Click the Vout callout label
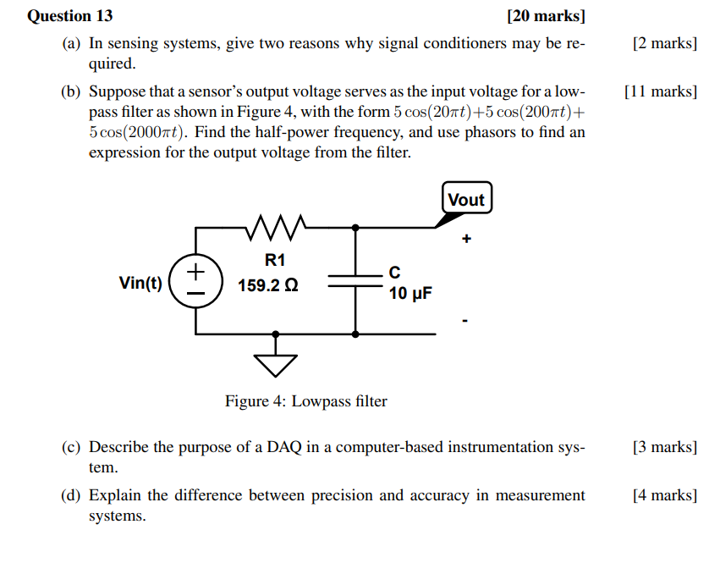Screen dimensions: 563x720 click(466, 200)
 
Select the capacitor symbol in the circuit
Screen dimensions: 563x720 click(355, 280)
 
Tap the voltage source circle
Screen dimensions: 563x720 click(196, 280)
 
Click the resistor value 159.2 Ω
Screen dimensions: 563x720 click(267, 286)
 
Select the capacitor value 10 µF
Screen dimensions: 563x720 click(410, 294)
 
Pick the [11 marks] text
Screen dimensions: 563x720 click(659, 91)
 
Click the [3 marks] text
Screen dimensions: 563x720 click(664, 447)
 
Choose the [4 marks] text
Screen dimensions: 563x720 click(664, 495)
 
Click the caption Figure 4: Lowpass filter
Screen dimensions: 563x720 click(305, 401)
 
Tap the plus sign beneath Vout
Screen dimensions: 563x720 click(465, 240)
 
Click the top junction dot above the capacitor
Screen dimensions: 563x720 click(355, 227)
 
